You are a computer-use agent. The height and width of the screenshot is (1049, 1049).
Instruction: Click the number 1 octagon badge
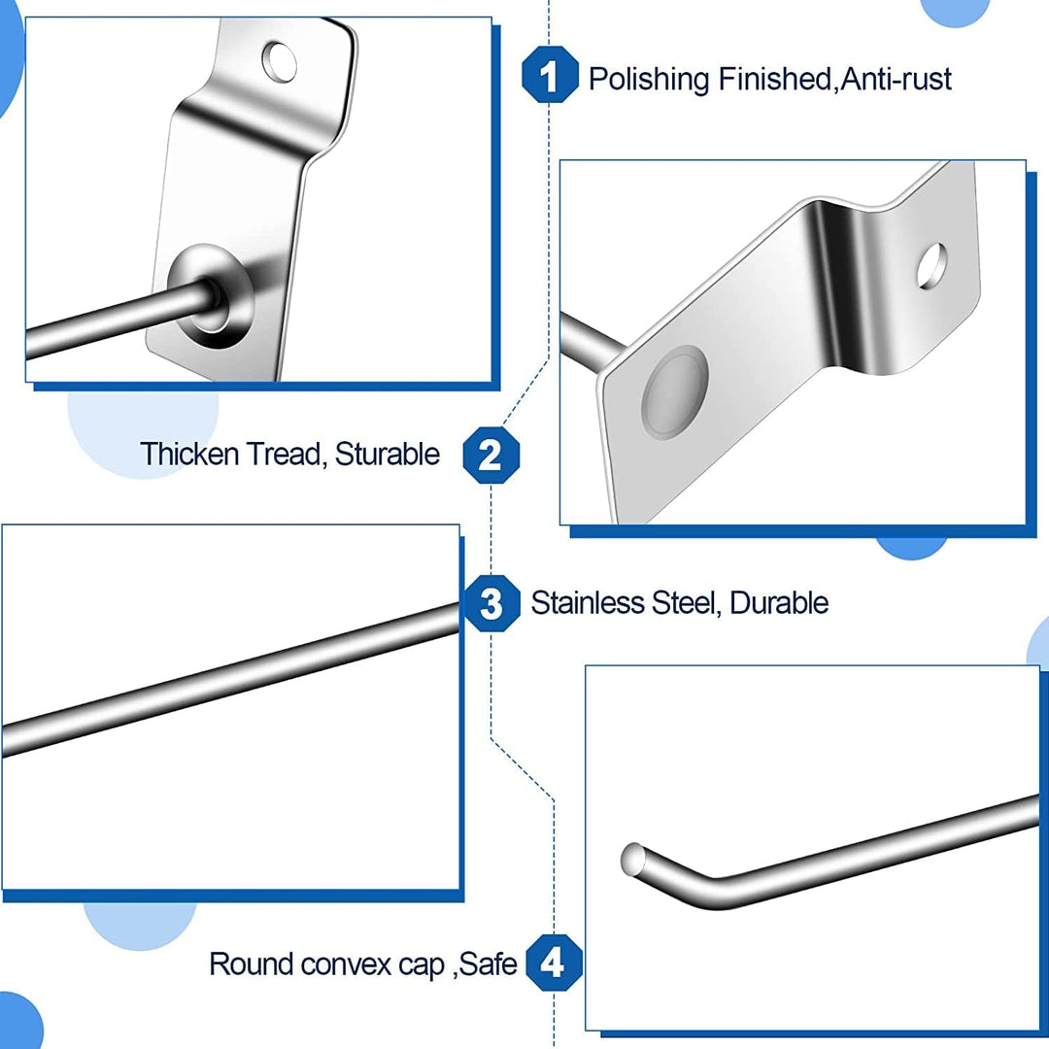(550, 74)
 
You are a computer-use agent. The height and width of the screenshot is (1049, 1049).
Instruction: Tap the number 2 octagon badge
(491, 455)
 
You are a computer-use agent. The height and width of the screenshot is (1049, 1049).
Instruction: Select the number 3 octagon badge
(491, 603)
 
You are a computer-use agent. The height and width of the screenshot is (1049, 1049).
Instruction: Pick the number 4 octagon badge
(554, 963)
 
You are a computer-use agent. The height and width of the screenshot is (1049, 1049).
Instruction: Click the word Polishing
(649, 80)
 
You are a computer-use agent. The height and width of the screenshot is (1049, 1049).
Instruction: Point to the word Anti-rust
(896, 79)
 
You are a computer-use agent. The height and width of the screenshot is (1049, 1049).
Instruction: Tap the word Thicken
(189, 454)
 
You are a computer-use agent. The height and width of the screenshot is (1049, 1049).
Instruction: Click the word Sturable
(388, 454)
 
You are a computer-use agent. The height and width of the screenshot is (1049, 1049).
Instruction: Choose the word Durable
(779, 603)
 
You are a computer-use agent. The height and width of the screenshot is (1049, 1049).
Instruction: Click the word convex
(345, 964)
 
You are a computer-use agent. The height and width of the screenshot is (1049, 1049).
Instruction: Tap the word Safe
(489, 964)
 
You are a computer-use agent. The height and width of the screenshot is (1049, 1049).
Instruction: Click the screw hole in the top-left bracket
(279, 61)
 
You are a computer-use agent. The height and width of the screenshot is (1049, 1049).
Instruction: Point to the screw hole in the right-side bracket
(931, 266)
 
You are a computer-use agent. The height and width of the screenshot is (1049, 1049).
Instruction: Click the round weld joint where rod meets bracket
(210, 298)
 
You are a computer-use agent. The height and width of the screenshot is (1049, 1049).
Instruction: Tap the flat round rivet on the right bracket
(674, 392)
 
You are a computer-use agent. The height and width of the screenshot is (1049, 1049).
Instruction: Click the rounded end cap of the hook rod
(631, 859)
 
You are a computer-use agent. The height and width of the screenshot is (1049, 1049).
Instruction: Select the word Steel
(686, 603)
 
